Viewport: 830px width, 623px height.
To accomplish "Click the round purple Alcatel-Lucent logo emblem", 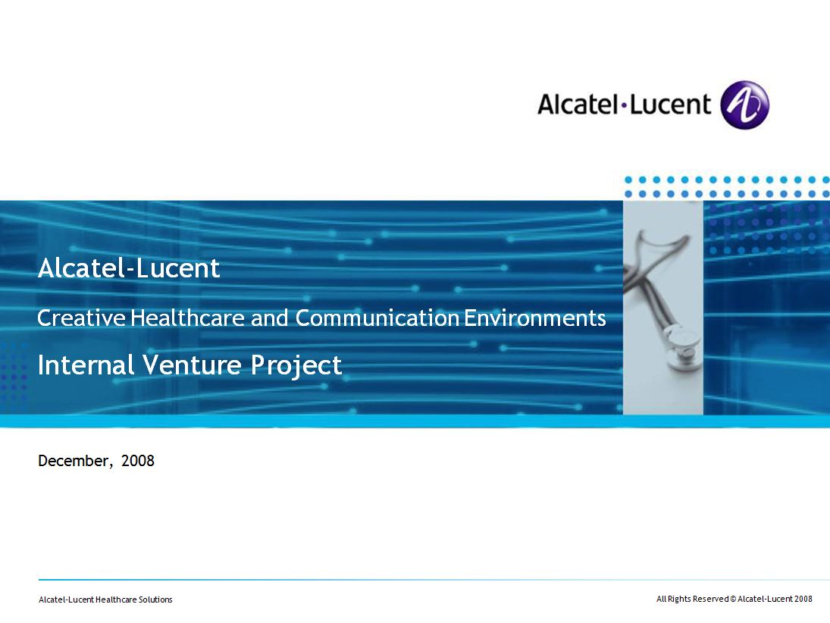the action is (745, 105).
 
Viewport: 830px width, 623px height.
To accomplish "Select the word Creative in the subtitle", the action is (82, 318).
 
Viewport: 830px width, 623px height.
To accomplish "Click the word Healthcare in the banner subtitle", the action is (188, 318).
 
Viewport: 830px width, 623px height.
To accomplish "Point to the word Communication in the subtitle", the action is (377, 318).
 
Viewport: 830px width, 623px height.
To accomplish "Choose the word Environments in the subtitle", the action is (535, 318).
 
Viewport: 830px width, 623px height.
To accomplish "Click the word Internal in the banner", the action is (86, 365).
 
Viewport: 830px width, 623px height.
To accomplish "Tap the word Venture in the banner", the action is (193, 365).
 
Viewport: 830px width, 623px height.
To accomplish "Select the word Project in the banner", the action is (296, 366).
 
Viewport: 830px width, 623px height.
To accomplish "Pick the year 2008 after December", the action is (138, 461).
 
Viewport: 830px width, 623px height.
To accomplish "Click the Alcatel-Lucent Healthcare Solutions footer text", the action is (105, 600).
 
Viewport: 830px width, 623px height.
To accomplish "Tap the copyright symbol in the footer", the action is (733, 600).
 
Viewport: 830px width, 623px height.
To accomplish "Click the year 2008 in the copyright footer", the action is (803, 600).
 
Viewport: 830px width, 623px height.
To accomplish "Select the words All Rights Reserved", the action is (692, 600).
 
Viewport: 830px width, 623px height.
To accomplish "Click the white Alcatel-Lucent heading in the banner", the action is (129, 268).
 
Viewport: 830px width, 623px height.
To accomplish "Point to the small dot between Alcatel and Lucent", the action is (624, 105).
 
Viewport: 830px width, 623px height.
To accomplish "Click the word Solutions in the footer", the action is (155, 600).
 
